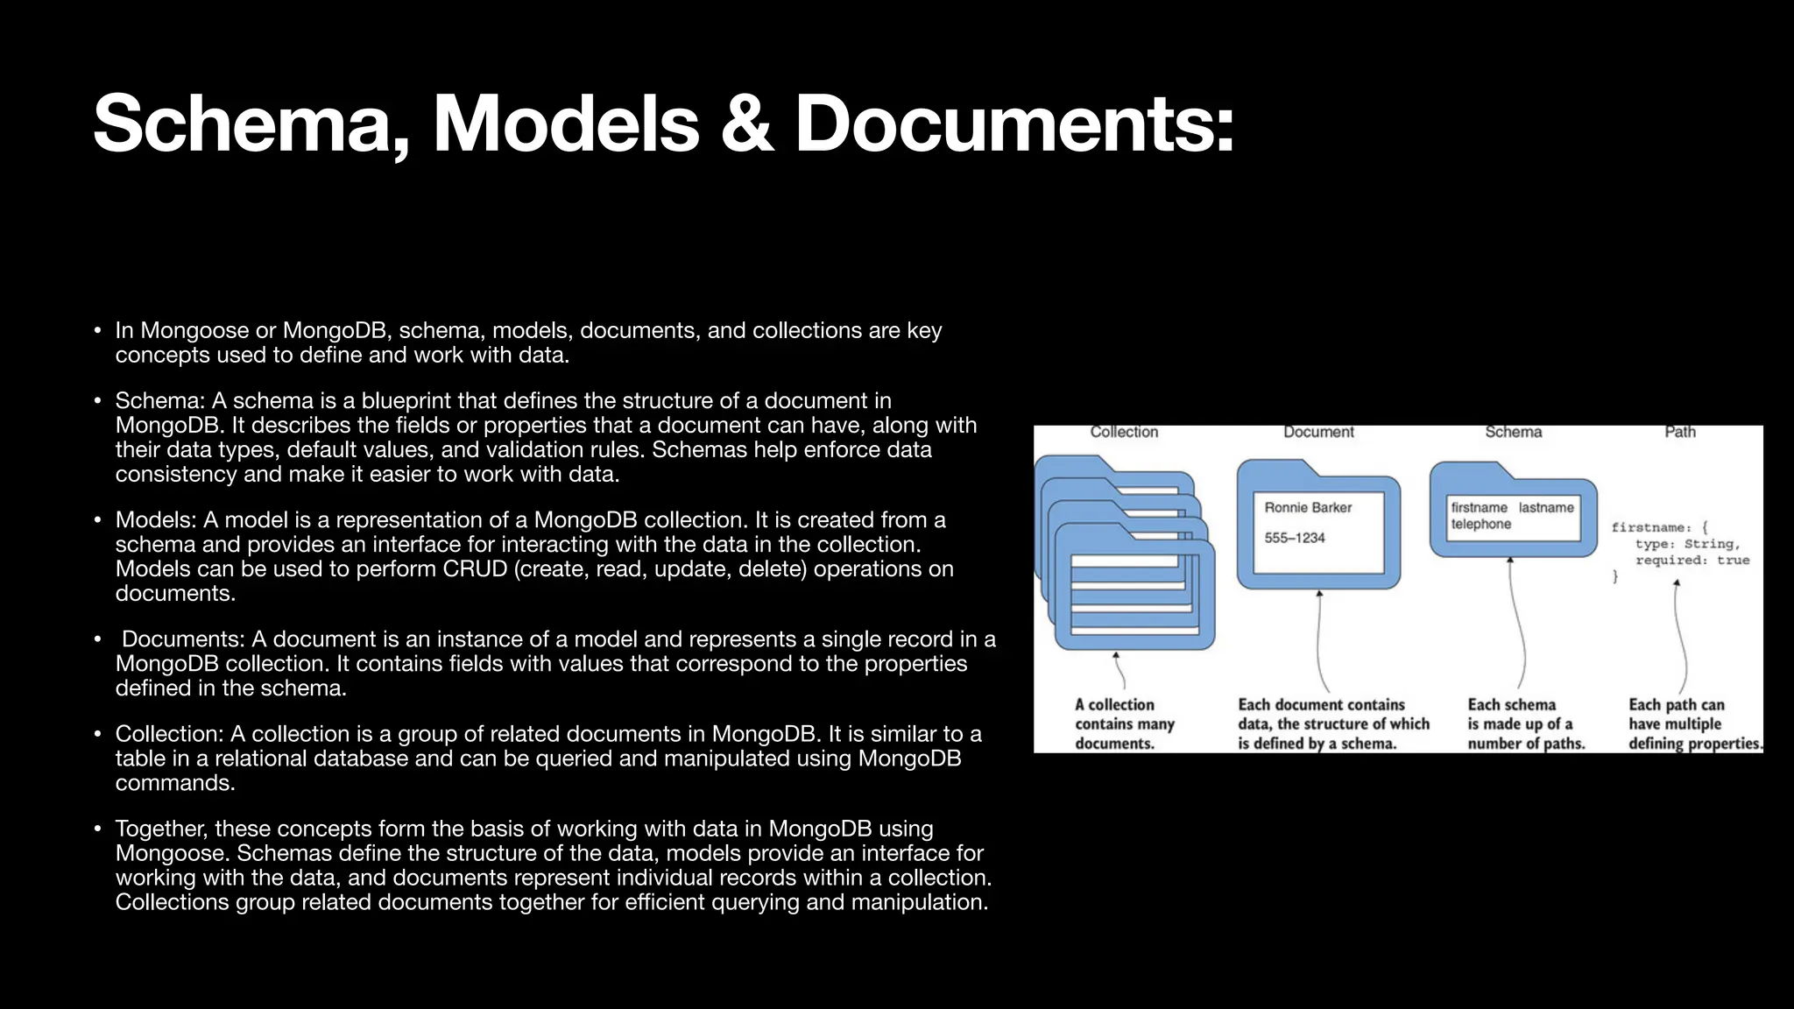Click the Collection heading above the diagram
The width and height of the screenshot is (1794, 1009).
click(x=1124, y=432)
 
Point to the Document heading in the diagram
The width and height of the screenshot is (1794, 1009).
click(x=1318, y=432)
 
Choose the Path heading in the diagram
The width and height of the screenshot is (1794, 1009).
click(x=1680, y=432)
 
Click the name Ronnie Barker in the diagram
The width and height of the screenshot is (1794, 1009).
click(x=1308, y=508)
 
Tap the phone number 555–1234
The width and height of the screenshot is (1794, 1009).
click(x=1295, y=538)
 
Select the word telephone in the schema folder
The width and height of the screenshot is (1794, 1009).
click(x=1480, y=525)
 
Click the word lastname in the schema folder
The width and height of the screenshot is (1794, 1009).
click(x=1546, y=508)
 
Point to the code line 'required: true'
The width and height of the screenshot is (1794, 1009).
click(x=1692, y=561)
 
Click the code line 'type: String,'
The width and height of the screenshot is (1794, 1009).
click(x=1687, y=544)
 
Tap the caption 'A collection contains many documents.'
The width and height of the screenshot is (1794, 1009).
click(x=1124, y=724)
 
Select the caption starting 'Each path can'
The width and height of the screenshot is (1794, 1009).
click(x=1694, y=724)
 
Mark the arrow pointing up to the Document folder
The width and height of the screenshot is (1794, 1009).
click(x=1320, y=639)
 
